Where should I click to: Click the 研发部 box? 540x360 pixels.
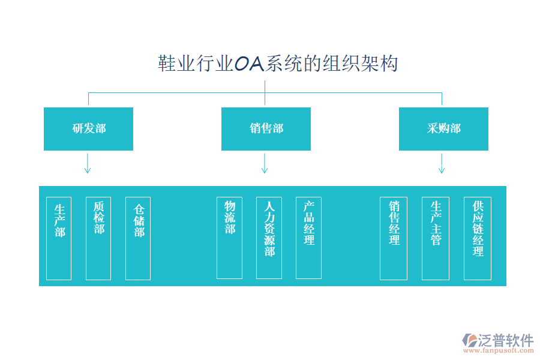pyautogui.click(x=88, y=129)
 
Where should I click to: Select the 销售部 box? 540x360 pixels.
pyautogui.click(x=266, y=129)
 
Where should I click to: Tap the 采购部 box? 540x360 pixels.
pyautogui.click(x=443, y=129)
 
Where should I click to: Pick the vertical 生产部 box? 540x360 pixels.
pyautogui.click(x=59, y=238)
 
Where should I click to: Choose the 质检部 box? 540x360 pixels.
pyautogui.click(x=98, y=238)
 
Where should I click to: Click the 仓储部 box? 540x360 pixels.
pyautogui.click(x=138, y=238)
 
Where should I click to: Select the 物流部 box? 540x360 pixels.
pyautogui.click(x=229, y=238)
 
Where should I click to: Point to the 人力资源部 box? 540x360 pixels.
pyautogui.click(x=269, y=238)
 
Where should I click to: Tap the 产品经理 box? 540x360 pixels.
pyautogui.click(x=308, y=238)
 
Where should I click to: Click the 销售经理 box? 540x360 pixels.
pyautogui.click(x=394, y=238)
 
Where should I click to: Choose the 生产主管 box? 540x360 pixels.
pyautogui.click(x=436, y=238)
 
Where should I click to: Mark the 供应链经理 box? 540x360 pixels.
pyautogui.click(x=478, y=238)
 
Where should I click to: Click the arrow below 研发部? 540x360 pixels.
pyautogui.click(x=88, y=163)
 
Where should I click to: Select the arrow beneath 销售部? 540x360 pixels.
pyautogui.click(x=265, y=163)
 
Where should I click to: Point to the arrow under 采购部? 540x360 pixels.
pyautogui.click(x=442, y=163)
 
